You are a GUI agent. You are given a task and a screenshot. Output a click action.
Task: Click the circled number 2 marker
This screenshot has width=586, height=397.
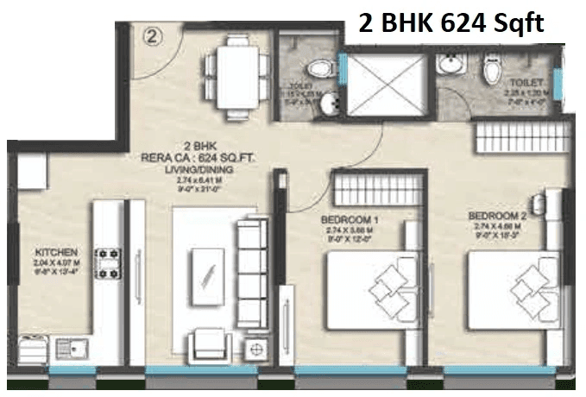pos(154,36)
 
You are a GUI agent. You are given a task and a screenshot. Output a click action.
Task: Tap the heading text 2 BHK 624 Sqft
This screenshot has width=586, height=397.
pos(451,23)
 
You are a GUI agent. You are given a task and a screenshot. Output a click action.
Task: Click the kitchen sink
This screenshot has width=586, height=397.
pos(68,349)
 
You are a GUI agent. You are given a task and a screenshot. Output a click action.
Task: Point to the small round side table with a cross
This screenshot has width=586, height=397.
pos(255,349)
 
